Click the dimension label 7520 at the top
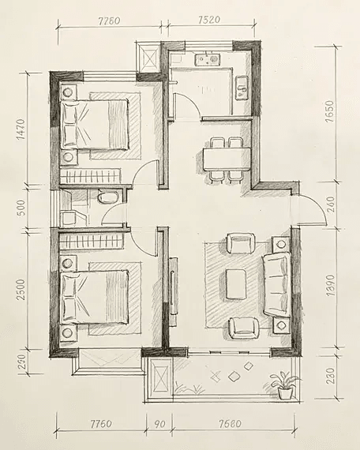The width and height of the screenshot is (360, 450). (209, 20)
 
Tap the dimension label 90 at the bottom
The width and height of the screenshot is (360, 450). (159, 424)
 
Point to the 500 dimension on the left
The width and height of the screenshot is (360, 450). (21, 208)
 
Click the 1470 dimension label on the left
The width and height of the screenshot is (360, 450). (21, 129)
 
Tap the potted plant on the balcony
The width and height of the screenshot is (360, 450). (285, 385)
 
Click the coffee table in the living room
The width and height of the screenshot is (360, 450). (236, 284)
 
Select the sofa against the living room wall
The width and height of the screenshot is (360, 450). (277, 285)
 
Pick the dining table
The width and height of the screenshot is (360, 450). (227, 159)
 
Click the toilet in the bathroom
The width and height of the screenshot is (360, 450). (108, 197)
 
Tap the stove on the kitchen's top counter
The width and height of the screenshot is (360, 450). (208, 59)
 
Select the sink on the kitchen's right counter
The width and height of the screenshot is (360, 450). (242, 88)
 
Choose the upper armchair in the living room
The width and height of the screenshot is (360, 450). (241, 243)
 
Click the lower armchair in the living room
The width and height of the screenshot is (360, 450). (244, 328)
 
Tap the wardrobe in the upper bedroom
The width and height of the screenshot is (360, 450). (91, 176)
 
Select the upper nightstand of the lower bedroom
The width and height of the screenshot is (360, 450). (68, 263)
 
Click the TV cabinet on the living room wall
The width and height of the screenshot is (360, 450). (173, 291)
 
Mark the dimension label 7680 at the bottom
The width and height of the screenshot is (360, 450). (230, 424)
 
